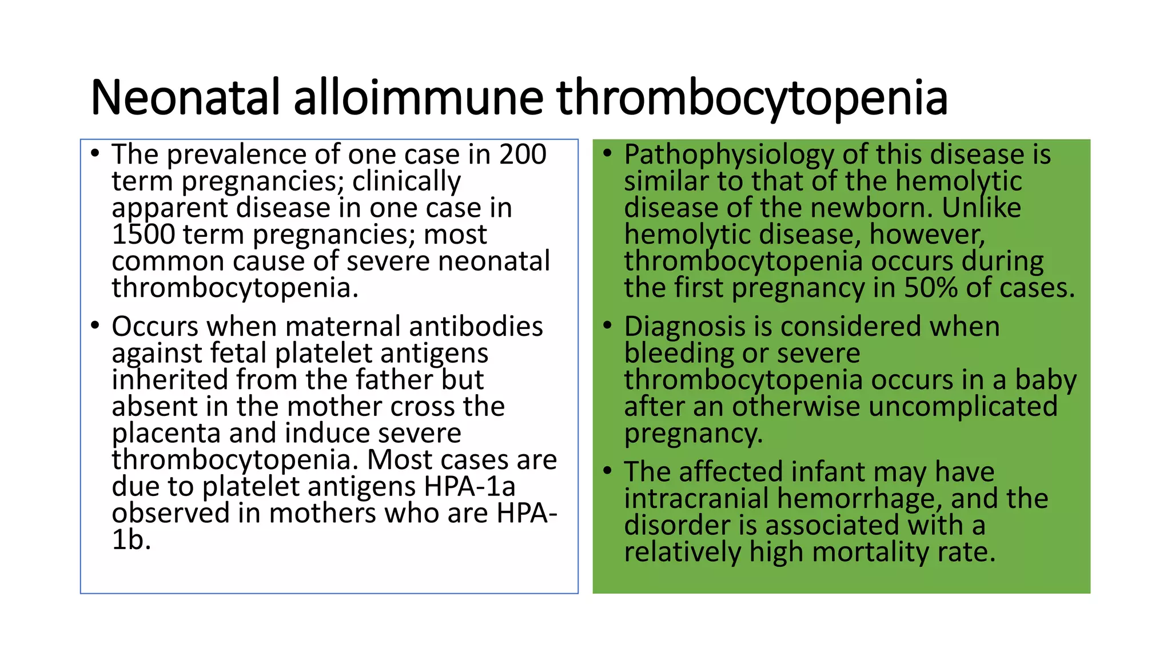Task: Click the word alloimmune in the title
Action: (x=418, y=97)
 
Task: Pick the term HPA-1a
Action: (x=469, y=487)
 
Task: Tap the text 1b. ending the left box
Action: (x=131, y=540)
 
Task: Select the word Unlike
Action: (x=981, y=208)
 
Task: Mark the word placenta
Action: (x=166, y=434)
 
